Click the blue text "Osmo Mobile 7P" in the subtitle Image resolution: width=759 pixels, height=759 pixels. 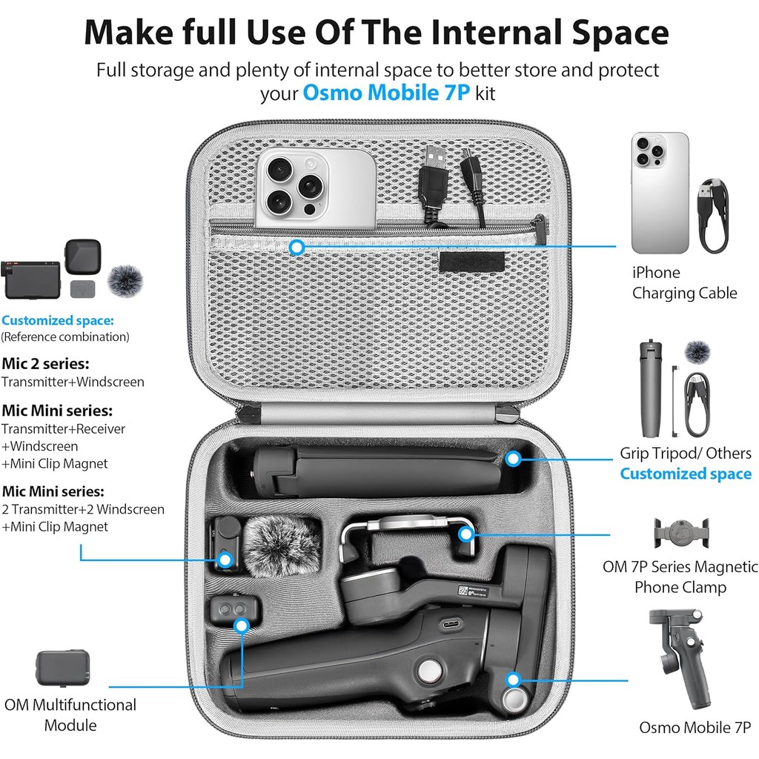[x=385, y=93]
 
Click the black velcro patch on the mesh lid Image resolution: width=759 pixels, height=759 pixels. [x=472, y=262]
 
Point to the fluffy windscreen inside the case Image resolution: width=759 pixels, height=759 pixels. [x=281, y=546]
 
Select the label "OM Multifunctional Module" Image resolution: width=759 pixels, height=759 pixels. [x=70, y=715]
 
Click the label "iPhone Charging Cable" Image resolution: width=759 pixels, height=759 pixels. [x=684, y=282]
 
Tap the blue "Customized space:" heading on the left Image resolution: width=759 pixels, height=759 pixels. [x=58, y=320]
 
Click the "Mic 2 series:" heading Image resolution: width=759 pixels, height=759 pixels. [x=45, y=363]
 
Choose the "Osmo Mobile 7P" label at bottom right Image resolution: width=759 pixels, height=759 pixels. [x=695, y=728]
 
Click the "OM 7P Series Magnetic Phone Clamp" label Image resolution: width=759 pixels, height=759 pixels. [x=680, y=577]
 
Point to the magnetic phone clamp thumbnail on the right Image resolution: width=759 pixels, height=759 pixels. [x=681, y=532]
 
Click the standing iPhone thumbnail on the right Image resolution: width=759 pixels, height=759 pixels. [x=660, y=193]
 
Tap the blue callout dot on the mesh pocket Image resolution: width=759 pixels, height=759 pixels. [x=296, y=248]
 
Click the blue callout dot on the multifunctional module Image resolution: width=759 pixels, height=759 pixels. [x=241, y=626]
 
